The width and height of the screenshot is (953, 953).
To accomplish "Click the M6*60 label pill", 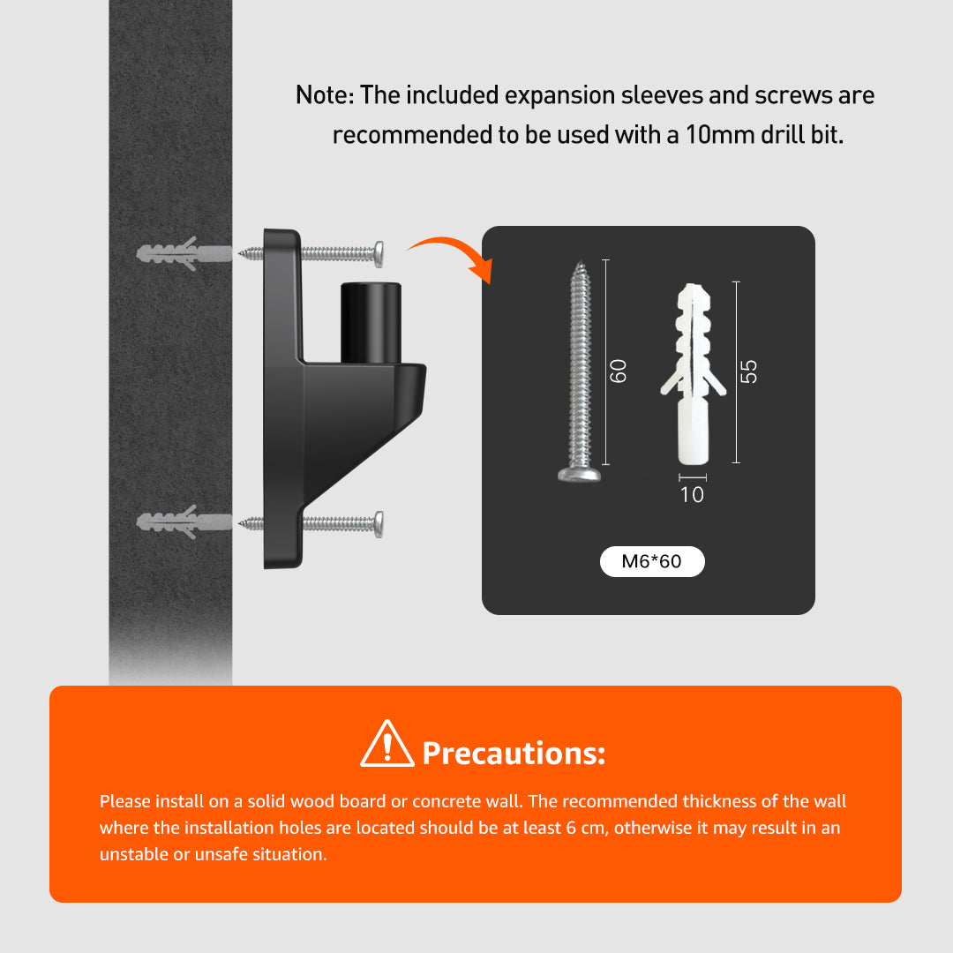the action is click(652, 561).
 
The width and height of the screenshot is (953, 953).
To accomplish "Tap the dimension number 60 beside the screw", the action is click(618, 371).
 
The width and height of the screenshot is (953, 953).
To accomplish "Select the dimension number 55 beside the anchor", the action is click(749, 371).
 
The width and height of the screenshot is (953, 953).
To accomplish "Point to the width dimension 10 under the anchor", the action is click(693, 495).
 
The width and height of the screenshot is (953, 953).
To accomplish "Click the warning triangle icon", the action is click(387, 745).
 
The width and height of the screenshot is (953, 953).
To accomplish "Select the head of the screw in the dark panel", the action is click(579, 474).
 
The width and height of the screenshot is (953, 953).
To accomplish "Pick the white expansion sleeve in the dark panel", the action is click(693, 374).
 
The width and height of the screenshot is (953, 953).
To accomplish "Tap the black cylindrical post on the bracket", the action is click(370, 323).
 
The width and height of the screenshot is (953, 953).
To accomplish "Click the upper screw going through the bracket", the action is click(311, 253).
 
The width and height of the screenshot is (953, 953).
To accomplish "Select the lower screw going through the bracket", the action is click(311, 524).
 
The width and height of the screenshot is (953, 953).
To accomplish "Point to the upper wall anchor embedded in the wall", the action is click(184, 253).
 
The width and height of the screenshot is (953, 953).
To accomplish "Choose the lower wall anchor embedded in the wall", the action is click(184, 522).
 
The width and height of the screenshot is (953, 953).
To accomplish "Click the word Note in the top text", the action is click(321, 95).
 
